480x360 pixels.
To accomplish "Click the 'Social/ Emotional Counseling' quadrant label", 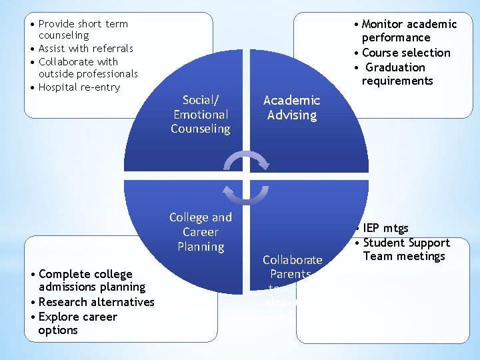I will [200, 115].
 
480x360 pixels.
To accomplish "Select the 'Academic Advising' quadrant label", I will [291, 107].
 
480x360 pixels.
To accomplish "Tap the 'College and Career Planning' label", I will [200, 232].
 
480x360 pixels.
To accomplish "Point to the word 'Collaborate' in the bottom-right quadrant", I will [292, 260].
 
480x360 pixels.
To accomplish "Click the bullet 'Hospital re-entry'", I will [79, 87].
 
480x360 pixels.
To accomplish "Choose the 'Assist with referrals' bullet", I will [85, 48].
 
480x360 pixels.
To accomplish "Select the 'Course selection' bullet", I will [406, 53].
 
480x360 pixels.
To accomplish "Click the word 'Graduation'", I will [395, 67].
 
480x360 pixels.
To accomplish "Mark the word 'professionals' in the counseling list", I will [106, 74].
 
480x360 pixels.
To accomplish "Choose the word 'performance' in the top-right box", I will [396, 38].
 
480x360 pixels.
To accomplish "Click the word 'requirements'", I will [397, 81].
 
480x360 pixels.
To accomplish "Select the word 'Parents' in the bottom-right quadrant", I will [290, 274].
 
